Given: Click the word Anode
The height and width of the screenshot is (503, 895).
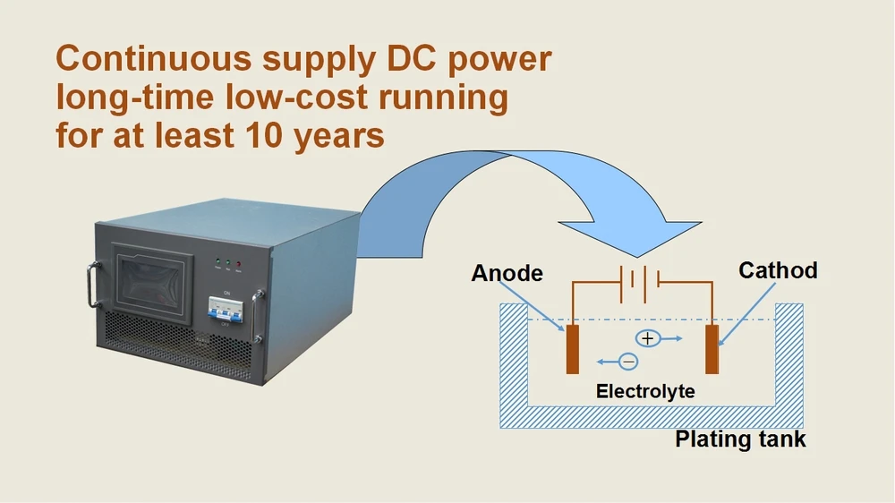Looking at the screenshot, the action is [507, 272].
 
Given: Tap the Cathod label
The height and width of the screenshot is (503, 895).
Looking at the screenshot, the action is [778, 269].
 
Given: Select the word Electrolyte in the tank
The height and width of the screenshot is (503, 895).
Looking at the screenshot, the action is [645, 391].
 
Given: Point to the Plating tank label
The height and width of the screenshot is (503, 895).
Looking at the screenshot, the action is [740, 439].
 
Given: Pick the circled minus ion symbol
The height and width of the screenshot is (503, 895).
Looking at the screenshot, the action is [628, 362].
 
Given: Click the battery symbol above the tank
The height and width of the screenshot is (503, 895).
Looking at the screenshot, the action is [639, 279].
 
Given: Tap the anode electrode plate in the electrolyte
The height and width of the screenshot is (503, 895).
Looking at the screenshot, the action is [572, 349].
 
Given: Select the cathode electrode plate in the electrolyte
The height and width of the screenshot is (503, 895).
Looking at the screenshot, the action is [712, 349].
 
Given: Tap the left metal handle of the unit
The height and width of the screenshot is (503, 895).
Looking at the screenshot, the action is [91, 285].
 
